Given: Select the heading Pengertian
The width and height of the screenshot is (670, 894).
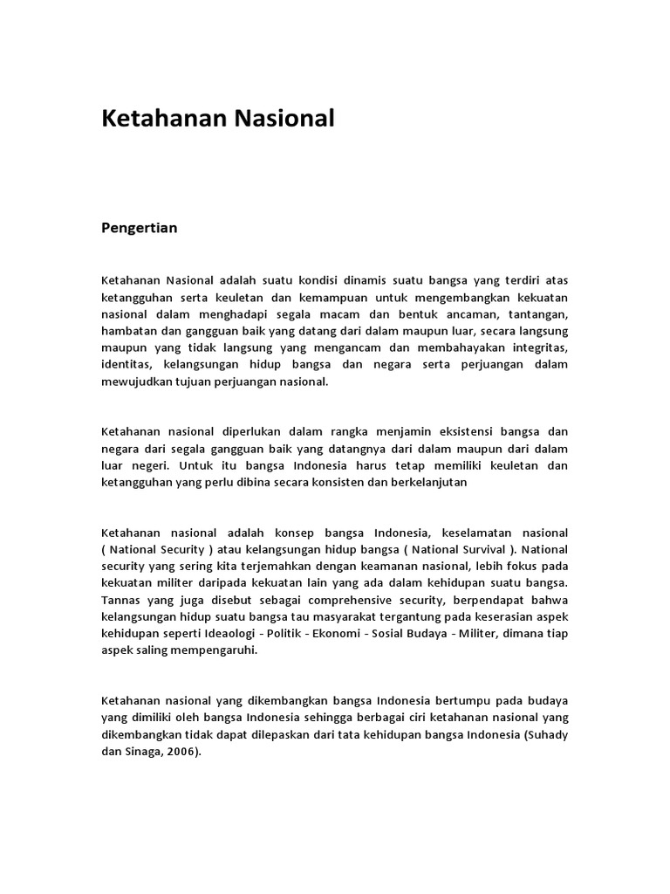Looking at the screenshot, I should coord(140,228).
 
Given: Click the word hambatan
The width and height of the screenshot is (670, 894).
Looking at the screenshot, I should coord(130,331).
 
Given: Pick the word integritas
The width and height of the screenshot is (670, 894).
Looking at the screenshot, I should coord(535,347).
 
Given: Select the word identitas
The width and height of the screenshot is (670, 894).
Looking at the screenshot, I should coord(126,364).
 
